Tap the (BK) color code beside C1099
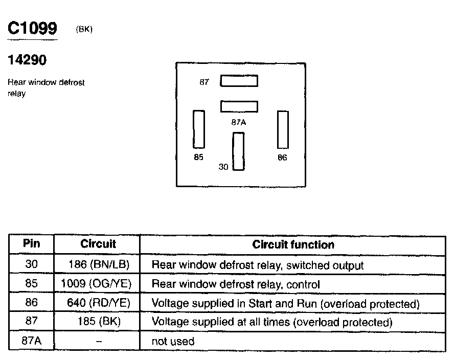(x=84, y=30)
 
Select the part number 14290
(x=27, y=60)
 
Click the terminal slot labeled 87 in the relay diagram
(x=239, y=81)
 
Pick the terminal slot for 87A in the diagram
(x=239, y=106)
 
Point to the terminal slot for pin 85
(x=198, y=129)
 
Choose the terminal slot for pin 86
(x=283, y=129)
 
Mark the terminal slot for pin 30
(x=238, y=151)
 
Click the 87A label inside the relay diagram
(x=239, y=123)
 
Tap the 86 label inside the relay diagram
(x=283, y=157)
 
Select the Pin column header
(x=32, y=244)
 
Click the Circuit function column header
(x=293, y=244)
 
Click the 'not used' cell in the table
(x=173, y=341)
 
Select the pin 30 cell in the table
(x=32, y=264)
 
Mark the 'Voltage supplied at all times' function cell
(x=271, y=322)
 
